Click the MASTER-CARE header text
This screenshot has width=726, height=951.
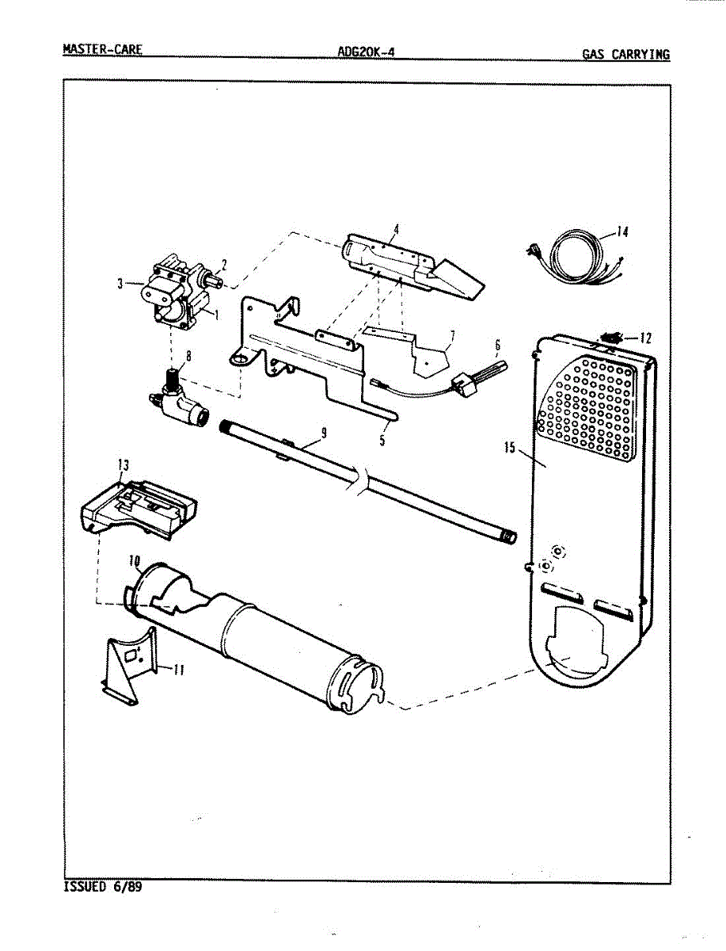[x=102, y=50]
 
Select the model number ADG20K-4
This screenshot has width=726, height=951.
[x=365, y=52]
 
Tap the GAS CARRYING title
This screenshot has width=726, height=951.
[x=625, y=55]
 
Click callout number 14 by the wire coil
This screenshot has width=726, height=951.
[x=622, y=232]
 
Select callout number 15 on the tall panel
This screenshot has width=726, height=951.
[x=509, y=449]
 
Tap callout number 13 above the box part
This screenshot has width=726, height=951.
[x=123, y=465]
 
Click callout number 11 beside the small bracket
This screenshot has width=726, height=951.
[x=179, y=670]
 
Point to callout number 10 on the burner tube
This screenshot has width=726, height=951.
[x=135, y=561]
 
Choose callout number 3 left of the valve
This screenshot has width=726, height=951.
[x=120, y=283]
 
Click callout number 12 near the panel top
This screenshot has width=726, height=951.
[x=646, y=338]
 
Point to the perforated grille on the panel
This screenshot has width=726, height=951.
[x=586, y=409]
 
